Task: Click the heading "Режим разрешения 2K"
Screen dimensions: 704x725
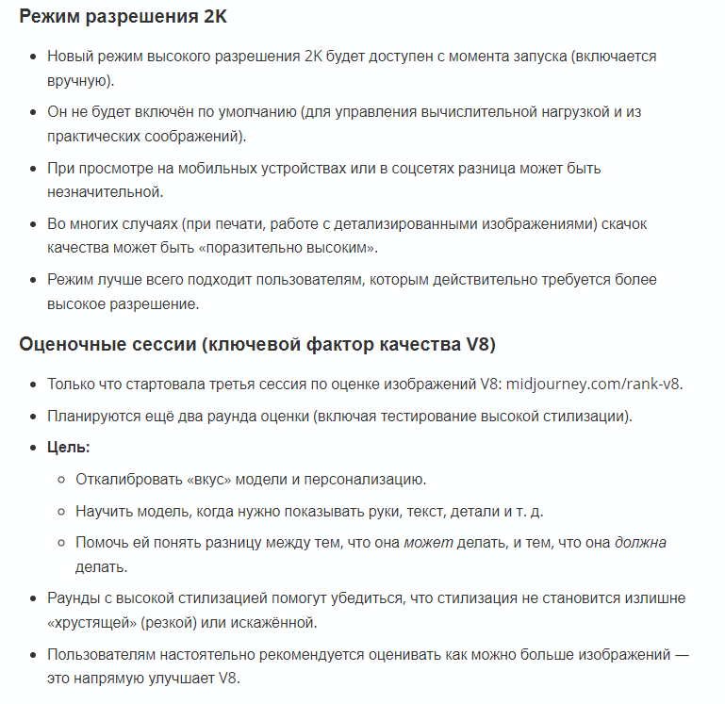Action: [x=123, y=17]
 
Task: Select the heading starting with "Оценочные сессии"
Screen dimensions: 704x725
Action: [x=257, y=343]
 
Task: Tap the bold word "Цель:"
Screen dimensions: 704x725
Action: [x=69, y=447]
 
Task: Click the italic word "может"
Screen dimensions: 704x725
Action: [x=429, y=544]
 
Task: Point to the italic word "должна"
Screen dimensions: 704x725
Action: [x=642, y=544]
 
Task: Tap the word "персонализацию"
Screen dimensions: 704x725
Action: [x=363, y=479]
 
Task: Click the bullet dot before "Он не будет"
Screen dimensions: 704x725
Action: [x=34, y=113]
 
